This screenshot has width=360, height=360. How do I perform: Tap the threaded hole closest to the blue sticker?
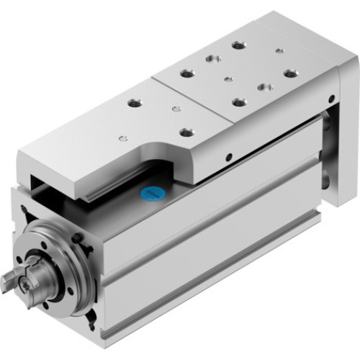click(x=187, y=132)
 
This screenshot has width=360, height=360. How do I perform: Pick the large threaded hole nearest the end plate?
click(x=291, y=73)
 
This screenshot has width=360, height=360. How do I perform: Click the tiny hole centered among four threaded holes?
click(x=228, y=78)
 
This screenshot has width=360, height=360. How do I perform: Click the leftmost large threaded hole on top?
click(x=134, y=102)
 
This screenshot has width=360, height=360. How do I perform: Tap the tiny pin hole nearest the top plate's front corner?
click(x=124, y=138)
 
